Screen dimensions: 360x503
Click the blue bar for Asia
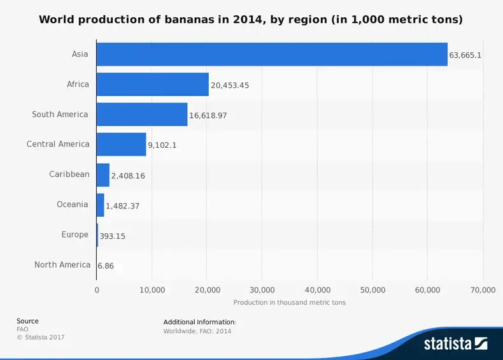[272, 54]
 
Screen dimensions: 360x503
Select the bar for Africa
[153, 84]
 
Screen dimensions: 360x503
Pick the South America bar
[142, 115]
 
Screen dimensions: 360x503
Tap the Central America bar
[121, 144]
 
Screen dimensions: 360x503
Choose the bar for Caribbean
[103, 175]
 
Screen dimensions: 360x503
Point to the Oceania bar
[100, 205]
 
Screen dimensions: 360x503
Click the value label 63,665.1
[465, 55]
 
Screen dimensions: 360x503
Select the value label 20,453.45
[230, 85]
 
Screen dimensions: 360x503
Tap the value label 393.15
[112, 236]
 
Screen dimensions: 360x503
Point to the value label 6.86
[106, 265]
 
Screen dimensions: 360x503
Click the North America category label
[62, 264]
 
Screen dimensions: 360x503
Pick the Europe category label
[74, 234]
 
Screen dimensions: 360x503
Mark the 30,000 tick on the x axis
[262, 290]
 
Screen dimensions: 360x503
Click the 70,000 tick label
[483, 290]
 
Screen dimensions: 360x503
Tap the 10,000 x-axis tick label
[152, 290]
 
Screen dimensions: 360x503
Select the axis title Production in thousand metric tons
[289, 303]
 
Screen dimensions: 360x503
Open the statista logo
[455, 343]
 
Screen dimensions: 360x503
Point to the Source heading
[27, 321]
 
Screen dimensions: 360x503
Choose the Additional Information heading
[199, 322]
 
